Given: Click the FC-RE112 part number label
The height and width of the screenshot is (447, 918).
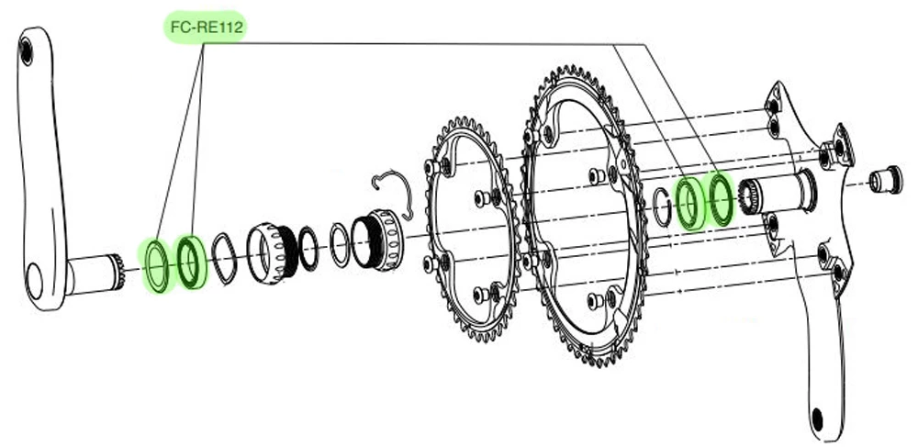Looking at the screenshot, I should (204, 28).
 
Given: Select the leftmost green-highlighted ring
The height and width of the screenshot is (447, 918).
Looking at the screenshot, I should (155, 264).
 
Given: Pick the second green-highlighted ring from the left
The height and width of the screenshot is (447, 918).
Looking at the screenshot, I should (191, 261).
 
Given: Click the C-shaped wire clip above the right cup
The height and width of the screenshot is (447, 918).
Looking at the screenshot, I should (395, 191).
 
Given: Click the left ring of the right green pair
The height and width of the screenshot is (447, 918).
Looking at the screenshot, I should (687, 202).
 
